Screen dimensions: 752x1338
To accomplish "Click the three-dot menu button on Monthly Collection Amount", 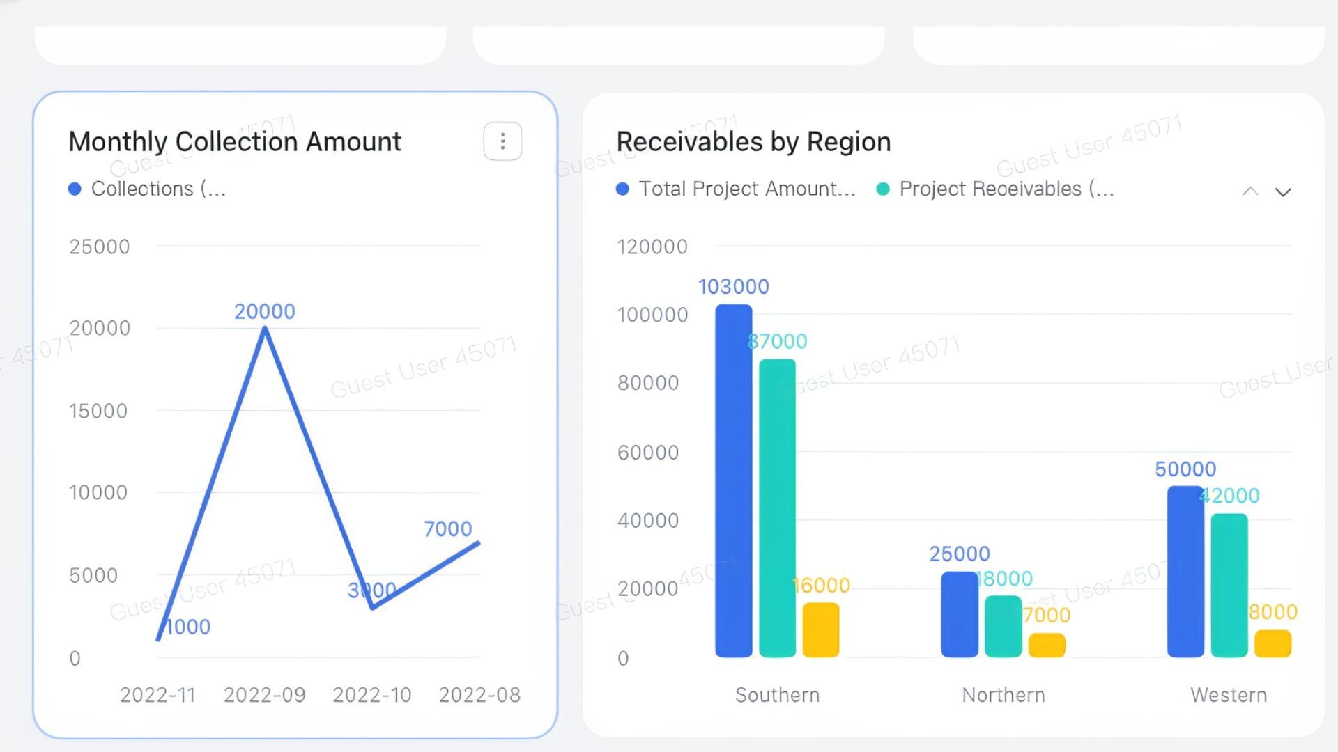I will (502, 141).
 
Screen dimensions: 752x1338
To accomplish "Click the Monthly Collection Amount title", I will (235, 141).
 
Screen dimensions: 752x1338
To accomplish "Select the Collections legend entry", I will (147, 189).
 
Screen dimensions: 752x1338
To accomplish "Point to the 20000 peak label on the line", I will (265, 311).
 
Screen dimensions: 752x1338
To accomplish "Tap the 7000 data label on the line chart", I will (448, 529).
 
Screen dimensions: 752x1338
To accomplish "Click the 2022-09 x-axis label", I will (265, 695).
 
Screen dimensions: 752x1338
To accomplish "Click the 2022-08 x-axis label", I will (479, 695).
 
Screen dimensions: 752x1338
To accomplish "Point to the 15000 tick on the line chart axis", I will (98, 411).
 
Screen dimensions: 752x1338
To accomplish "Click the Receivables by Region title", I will (753, 141).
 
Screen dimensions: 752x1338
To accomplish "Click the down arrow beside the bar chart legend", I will (1283, 192).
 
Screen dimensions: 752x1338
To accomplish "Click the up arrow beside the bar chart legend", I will (1250, 192).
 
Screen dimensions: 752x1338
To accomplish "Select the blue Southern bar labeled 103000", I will (734, 480).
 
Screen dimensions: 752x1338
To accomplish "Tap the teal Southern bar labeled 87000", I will (777, 508).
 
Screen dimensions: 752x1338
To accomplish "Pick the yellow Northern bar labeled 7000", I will (1047, 645).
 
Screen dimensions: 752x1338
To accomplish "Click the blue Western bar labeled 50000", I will (1185, 571).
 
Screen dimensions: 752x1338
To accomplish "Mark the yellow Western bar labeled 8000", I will (1272, 644).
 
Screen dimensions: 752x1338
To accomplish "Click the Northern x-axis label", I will (1003, 695).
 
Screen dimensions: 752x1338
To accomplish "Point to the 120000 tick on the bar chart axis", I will (652, 246).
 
